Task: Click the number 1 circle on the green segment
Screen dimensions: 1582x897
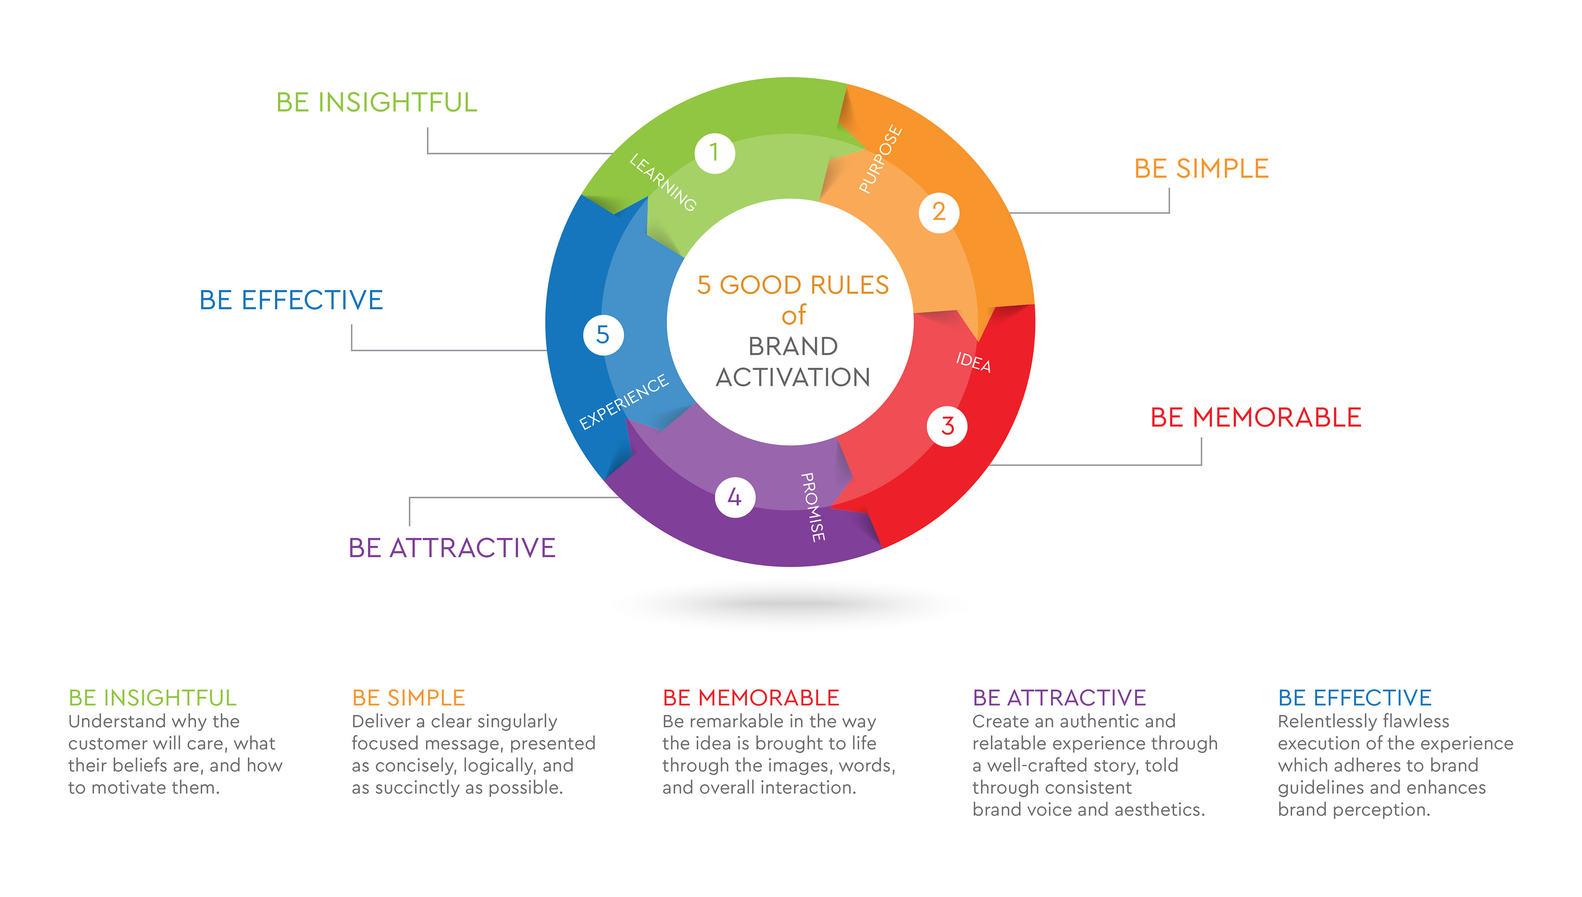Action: (714, 153)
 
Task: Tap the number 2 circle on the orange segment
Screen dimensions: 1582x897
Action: (938, 213)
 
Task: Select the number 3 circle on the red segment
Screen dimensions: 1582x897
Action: (947, 426)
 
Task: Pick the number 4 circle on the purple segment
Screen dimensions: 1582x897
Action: (735, 497)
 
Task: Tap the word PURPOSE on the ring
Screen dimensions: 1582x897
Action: (881, 159)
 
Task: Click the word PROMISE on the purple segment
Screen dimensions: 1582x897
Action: (813, 507)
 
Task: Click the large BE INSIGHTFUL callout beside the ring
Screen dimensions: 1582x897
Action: (377, 102)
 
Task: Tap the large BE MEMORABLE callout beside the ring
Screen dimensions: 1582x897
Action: (1255, 418)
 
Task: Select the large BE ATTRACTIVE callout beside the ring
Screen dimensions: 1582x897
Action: (452, 548)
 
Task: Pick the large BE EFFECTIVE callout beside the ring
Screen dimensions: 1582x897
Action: (291, 300)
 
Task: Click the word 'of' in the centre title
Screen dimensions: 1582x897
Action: (793, 315)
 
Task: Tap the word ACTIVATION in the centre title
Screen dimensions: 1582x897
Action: (793, 377)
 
